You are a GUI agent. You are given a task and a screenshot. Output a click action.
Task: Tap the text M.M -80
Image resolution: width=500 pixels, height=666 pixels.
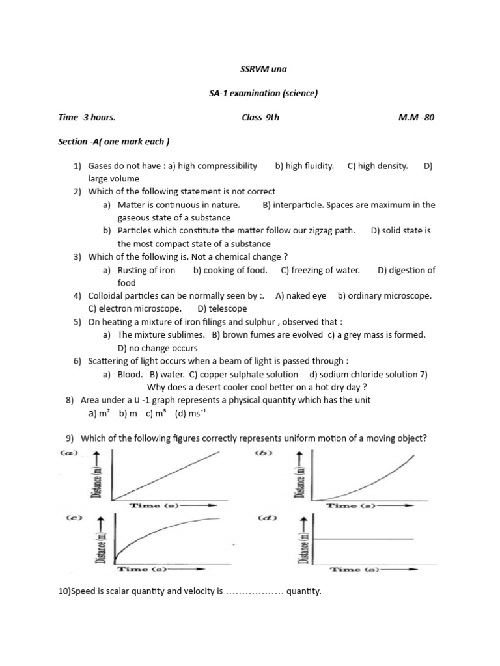pos(417,117)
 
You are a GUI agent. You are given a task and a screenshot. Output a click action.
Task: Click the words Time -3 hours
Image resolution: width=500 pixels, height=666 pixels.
pos(87,117)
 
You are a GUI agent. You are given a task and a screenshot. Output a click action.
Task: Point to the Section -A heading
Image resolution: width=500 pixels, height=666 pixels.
pos(114,141)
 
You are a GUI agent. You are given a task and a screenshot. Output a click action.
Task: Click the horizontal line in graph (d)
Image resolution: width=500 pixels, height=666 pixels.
pos(365,539)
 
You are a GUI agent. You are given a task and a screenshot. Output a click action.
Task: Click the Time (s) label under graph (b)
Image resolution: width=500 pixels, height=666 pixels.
pos(351,505)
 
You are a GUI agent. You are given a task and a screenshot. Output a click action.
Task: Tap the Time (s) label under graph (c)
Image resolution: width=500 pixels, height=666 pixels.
pos(140,570)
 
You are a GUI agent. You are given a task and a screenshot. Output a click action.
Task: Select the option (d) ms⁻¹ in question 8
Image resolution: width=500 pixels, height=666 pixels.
pos(194,413)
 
